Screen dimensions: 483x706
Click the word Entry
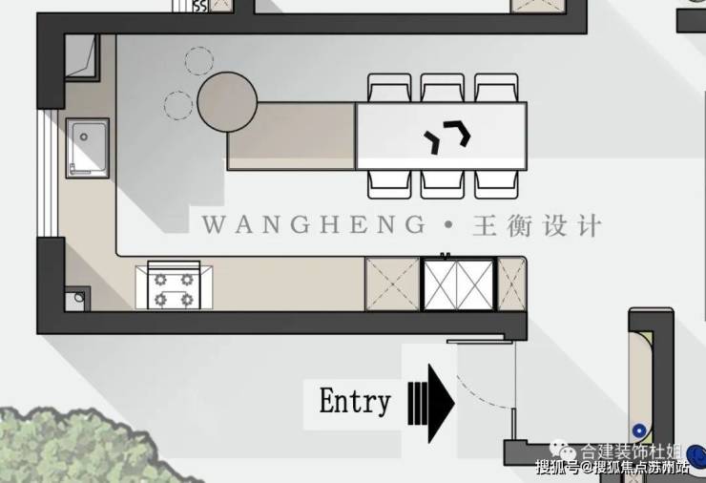click(x=354, y=401)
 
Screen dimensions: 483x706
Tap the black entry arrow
click(x=431, y=398)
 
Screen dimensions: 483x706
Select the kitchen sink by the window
click(x=87, y=148)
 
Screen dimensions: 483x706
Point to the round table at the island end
click(x=228, y=103)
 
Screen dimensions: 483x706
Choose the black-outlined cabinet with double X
click(x=456, y=283)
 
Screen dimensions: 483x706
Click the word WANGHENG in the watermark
click(x=314, y=226)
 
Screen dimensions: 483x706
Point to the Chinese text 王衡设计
click(x=537, y=226)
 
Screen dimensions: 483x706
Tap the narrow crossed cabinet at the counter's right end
click(x=511, y=283)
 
